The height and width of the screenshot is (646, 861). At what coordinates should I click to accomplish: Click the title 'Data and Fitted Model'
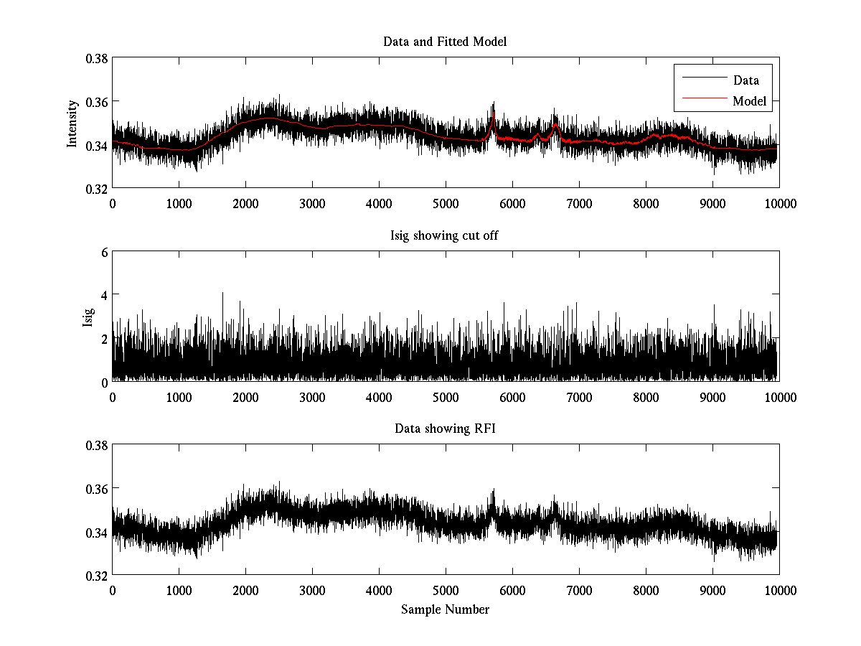coord(445,42)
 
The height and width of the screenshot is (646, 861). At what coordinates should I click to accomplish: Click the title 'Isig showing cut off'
coord(445,235)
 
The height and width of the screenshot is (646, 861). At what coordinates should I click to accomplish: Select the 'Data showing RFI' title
coord(445,429)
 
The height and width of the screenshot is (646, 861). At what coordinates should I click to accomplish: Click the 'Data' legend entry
coord(745,80)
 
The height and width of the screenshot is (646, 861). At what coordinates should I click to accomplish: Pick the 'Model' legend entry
coord(749,101)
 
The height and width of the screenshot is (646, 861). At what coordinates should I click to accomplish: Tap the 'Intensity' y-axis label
coord(72,123)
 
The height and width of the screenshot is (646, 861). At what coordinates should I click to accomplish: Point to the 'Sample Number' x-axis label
coord(445,609)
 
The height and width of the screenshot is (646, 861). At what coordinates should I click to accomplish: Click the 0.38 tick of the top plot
coord(100,58)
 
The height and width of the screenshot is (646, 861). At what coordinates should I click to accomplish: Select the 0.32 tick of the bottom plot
coord(100,576)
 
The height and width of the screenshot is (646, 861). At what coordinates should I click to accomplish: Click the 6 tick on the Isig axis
coord(104,252)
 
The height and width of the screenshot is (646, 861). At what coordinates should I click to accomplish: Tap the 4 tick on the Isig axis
coord(104,295)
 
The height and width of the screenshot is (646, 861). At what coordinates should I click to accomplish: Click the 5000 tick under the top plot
coord(446,203)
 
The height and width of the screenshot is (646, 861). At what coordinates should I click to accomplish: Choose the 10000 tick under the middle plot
coord(779,397)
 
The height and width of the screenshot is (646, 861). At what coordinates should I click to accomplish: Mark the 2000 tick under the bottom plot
coord(245,591)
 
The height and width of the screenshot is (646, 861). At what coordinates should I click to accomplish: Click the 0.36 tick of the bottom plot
coord(100,489)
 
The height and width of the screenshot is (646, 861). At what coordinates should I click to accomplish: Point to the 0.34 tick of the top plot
coord(100,145)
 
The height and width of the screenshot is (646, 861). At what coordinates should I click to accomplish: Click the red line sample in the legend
coord(701,101)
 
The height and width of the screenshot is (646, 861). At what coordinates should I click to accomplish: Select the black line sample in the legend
coord(701,80)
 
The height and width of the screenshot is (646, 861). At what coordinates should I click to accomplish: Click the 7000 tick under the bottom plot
coord(579,591)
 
